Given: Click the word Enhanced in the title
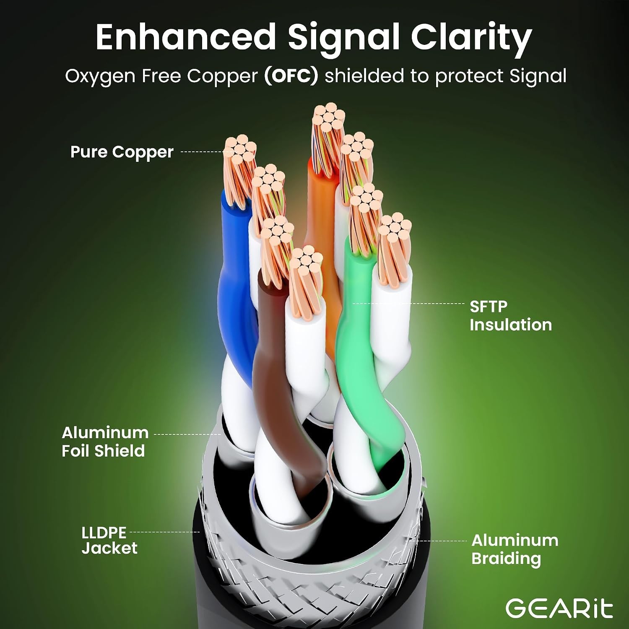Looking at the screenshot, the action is pos(186,37).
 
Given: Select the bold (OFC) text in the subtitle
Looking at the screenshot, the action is pos(291,76).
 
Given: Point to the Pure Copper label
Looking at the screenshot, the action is pos(122,152).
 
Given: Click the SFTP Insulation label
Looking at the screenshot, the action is pos(510,316).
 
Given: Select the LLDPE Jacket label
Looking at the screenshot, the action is pos(109,541).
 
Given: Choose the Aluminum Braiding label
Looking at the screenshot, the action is pos(515,549).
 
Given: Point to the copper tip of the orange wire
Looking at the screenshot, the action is pos(327,134).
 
